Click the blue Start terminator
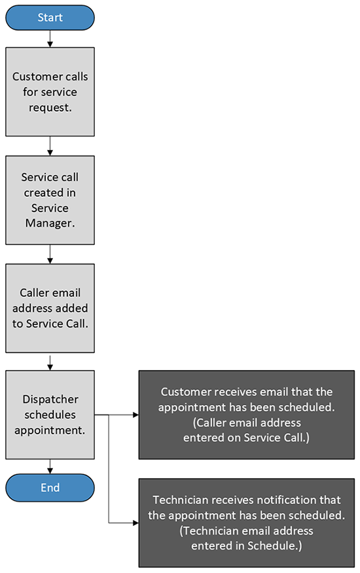pos(50,17)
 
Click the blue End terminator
pos(50,487)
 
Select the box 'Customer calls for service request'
pos(50,92)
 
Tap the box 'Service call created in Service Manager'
pos(50,200)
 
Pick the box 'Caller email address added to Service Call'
pos(50,308)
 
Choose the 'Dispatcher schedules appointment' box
pos(50,415)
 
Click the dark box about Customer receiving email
pos(247,415)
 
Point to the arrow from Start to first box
pos(50,39)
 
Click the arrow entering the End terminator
pos(50,466)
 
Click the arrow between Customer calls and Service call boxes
pos(50,146)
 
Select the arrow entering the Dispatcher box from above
pos(50,361)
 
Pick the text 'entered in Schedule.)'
pos(247,545)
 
